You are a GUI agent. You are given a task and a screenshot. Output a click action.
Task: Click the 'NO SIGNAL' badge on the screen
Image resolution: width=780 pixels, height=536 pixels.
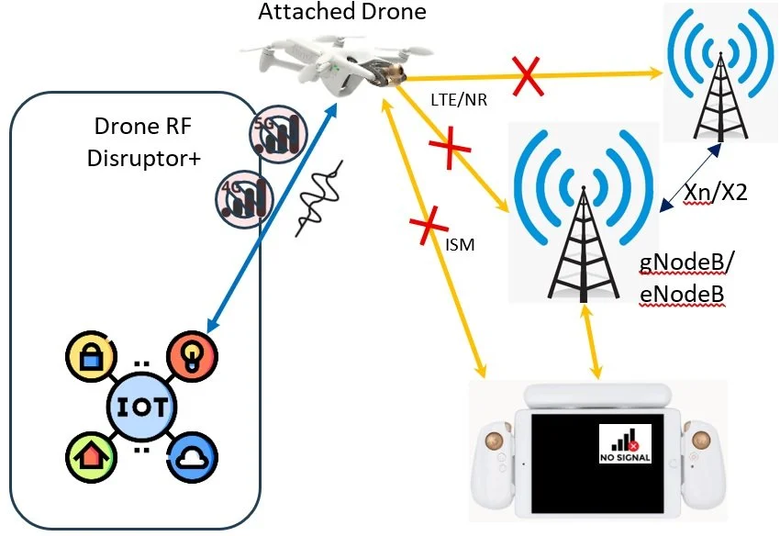625,444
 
